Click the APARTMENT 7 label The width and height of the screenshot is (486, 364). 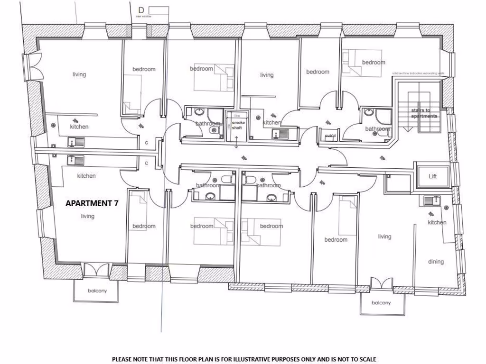92,203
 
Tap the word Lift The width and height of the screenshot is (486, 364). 432,176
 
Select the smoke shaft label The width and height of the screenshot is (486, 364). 236,125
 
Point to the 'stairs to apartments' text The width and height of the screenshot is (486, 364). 424,113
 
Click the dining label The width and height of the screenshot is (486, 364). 436,262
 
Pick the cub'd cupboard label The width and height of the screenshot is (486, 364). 330,136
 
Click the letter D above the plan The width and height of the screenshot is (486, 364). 141,10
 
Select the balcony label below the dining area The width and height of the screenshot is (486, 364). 381,303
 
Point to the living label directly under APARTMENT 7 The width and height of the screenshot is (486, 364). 87,216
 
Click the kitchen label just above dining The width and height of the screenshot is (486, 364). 437,222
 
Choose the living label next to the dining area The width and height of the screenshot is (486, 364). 384,237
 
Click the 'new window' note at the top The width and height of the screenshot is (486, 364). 143,16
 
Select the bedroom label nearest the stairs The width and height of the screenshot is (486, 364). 374,62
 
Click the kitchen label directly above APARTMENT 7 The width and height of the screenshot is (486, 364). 86,176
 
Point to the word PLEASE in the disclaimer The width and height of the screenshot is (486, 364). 121,359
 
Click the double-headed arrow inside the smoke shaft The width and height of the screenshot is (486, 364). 236,140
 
